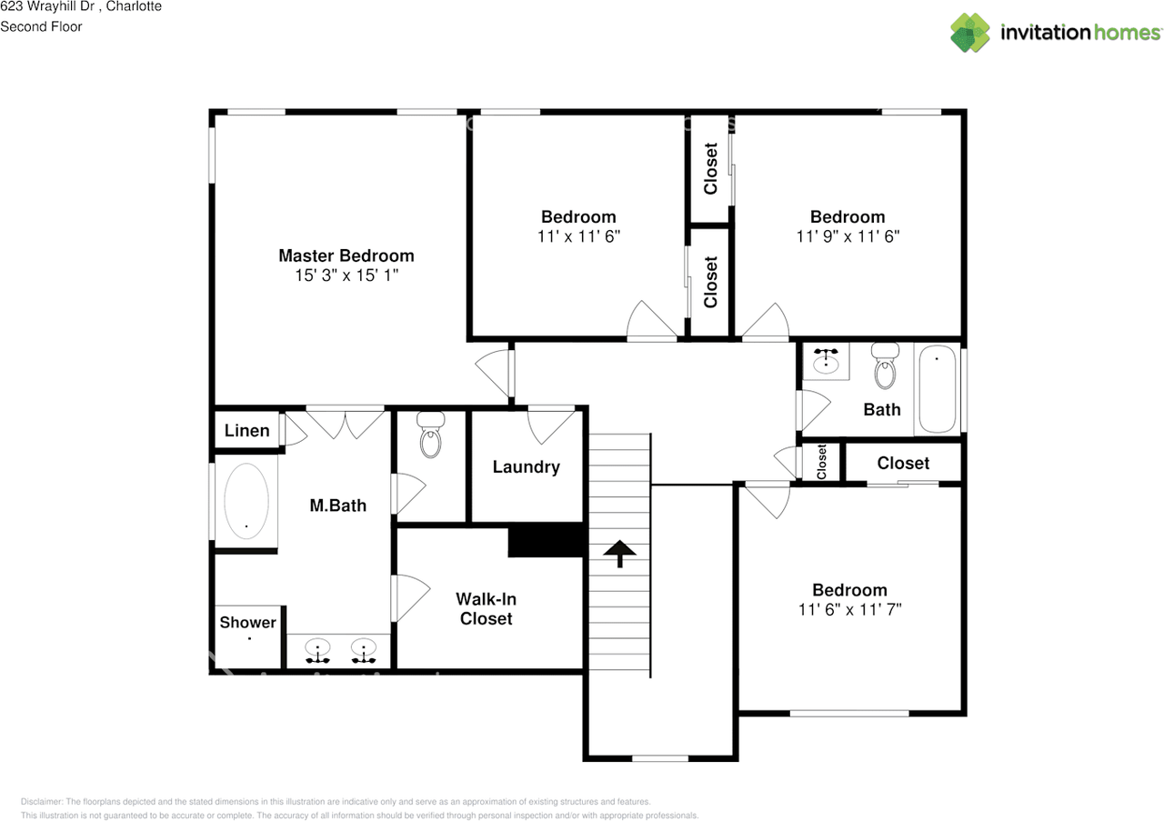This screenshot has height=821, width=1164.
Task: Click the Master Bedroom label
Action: click(x=346, y=255)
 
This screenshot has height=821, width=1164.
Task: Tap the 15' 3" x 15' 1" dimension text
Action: click(x=346, y=275)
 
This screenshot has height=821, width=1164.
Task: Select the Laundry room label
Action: click(x=526, y=466)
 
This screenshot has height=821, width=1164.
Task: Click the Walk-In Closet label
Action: click(x=486, y=608)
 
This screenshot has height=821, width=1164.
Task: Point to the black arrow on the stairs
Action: click(x=620, y=552)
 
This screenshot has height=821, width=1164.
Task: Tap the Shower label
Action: click(x=247, y=622)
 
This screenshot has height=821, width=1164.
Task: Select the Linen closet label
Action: click(x=246, y=430)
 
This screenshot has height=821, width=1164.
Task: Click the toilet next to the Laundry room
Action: click(x=430, y=436)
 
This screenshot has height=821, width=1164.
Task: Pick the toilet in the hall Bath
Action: click(x=885, y=366)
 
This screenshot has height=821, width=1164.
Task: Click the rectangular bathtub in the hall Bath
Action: click(x=938, y=389)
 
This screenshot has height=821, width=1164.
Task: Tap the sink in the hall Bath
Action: click(x=826, y=362)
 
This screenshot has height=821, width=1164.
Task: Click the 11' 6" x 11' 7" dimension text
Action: click(x=849, y=609)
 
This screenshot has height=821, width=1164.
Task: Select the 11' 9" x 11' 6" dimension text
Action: click(x=848, y=235)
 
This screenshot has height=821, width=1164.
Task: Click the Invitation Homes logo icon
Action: click(x=969, y=32)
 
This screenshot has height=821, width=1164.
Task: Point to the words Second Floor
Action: click(x=41, y=26)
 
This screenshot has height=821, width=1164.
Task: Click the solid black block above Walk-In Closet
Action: click(x=545, y=541)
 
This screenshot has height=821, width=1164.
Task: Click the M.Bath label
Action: click(x=337, y=505)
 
